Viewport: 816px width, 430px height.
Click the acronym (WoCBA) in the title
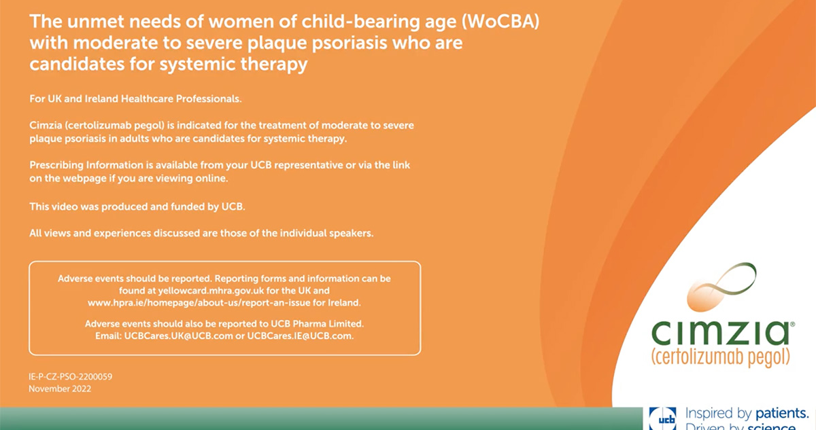coord(500,22)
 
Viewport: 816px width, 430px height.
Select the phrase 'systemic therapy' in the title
coord(233,65)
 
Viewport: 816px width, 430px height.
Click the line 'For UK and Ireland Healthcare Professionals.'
coord(135,99)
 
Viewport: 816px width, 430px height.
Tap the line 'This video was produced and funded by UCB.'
coord(137,207)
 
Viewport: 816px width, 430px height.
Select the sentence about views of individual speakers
coord(201,233)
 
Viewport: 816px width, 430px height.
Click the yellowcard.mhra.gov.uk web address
coord(211,291)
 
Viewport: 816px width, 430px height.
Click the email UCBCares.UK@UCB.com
coord(178,336)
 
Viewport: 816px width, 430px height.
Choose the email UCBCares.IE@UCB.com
coord(301,336)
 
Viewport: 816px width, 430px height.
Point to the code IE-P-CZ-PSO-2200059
coord(71,377)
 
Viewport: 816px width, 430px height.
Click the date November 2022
coord(60,389)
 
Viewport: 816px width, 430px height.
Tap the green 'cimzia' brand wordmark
coord(721,333)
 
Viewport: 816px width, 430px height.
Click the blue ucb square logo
coord(662,418)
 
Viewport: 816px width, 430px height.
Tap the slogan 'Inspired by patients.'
coord(747,414)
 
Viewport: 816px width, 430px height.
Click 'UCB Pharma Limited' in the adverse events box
coord(317,324)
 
